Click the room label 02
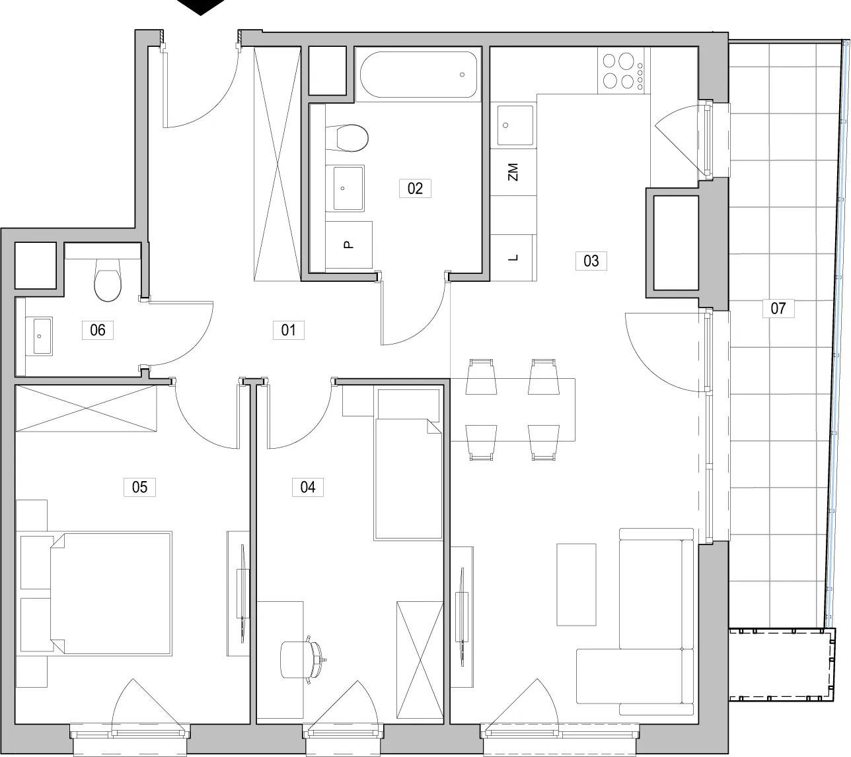point(415,188)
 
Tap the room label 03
point(591,261)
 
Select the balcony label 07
point(778,308)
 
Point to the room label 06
point(97,330)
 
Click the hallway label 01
point(288,330)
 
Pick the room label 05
point(139,487)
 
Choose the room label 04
point(307,487)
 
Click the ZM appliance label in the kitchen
point(513,172)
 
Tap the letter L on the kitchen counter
point(513,257)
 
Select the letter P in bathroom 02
point(349,244)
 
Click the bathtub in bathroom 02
point(418,75)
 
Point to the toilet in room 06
point(108,279)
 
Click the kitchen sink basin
point(515,125)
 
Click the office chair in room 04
point(301,659)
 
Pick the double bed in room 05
point(111,594)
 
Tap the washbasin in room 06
point(39,336)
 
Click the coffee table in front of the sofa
point(576,585)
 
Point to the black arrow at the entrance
point(201,7)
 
